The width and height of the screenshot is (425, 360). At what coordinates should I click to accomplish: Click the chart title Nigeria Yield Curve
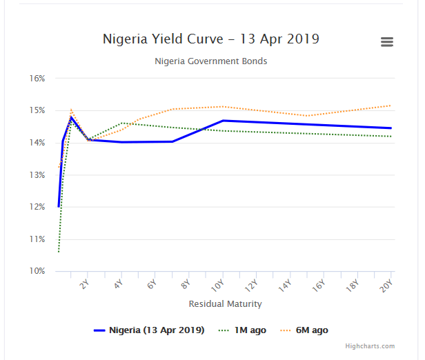[x=211, y=39]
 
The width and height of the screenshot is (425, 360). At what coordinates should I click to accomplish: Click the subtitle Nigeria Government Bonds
[x=211, y=61]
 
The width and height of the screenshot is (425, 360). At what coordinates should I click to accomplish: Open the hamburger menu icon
[x=387, y=42]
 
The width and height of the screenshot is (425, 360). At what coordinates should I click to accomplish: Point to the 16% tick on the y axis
[x=37, y=79]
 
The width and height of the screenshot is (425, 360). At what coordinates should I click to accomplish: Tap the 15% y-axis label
[x=37, y=110]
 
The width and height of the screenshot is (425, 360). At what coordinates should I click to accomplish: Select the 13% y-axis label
[x=37, y=175]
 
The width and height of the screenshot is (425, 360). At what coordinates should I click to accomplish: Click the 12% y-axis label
[x=37, y=207]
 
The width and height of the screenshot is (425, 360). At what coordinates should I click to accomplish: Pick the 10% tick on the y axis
[x=37, y=271]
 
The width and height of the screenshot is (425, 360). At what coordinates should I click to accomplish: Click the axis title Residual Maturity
[x=225, y=303]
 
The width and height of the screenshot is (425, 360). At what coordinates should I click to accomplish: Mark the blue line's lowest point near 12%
[x=59, y=206]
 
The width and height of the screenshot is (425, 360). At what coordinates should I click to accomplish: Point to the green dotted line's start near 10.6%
[x=59, y=252]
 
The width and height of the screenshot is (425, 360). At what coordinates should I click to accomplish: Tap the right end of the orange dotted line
[x=391, y=106]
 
